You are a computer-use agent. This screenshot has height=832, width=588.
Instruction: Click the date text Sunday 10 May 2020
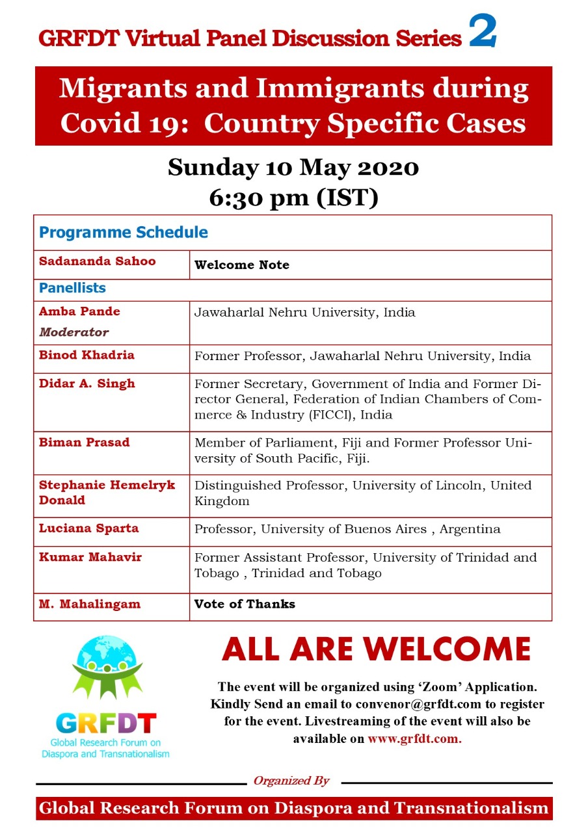point(293,168)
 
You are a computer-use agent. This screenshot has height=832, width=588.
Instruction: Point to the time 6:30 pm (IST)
point(293,198)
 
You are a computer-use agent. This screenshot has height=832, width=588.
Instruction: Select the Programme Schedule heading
point(124,232)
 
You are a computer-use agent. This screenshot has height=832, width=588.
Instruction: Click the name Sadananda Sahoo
point(98,261)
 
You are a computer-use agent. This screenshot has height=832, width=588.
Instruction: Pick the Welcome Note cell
point(242,265)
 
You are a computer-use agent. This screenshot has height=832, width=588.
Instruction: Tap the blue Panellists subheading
point(72,287)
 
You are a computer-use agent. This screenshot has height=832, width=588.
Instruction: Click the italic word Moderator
point(74,332)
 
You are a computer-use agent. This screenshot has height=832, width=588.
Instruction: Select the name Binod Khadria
point(87,355)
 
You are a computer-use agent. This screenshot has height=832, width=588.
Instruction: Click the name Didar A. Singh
point(87,383)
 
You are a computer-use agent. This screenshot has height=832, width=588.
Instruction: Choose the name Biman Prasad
point(85,443)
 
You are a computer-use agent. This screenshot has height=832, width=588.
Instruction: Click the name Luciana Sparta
point(89,528)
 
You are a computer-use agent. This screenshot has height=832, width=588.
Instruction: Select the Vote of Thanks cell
point(245,604)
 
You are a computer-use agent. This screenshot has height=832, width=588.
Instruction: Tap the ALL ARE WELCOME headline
point(376,649)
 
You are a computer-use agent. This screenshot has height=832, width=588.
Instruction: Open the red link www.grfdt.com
point(414,739)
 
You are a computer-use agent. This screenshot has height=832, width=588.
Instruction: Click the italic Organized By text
point(291,781)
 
